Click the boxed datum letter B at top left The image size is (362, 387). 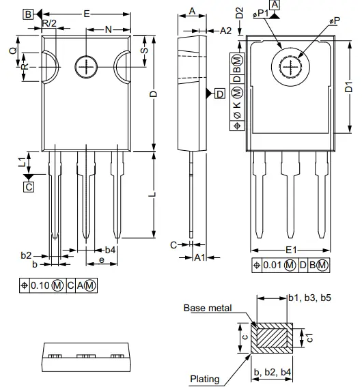coord(27,14)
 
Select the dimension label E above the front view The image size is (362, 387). coord(85,13)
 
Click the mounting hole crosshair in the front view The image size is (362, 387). coord(87,66)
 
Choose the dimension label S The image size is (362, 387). coord(143,52)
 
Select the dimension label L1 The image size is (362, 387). coord(22,162)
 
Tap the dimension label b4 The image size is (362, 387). coord(110,250)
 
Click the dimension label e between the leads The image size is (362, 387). coord(102,261)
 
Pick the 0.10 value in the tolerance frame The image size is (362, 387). coord(40,285)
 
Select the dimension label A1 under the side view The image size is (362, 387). coord(199,257)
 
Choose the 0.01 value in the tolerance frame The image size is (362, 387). coord(272,265)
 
